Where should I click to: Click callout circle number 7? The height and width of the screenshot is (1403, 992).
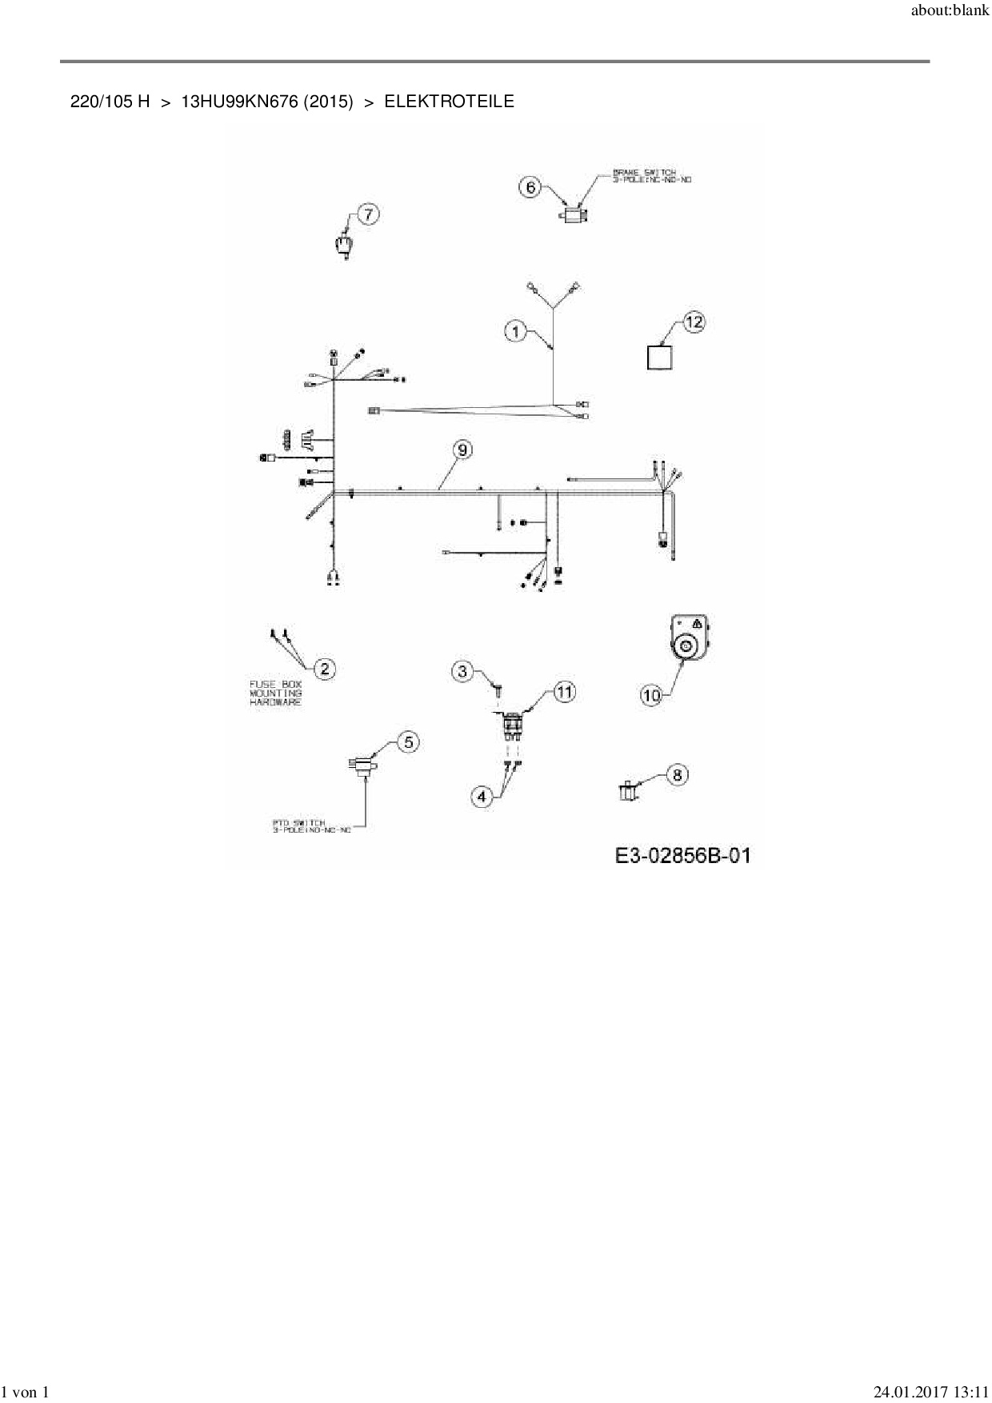click(x=368, y=214)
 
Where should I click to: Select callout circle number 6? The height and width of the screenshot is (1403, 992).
click(x=531, y=188)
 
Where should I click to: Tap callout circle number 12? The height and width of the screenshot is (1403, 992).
click(x=694, y=322)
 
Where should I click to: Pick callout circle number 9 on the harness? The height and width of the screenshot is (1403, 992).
click(x=462, y=450)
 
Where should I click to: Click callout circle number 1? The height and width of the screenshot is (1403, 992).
click(x=516, y=331)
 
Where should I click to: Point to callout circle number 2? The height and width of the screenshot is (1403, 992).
click(x=324, y=669)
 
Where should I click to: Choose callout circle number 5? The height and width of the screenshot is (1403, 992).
click(x=408, y=742)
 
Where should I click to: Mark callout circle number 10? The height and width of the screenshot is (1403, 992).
click(x=651, y=696)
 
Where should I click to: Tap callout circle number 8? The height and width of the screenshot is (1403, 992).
click(x=677, y=774)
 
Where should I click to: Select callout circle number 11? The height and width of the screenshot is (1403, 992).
click(x=565, y=692)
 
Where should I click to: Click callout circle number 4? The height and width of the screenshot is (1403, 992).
click(x=482, y=796)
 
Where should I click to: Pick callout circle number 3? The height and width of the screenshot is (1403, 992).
click(x=462, y=671)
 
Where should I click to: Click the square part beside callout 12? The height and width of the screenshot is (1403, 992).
click(x=659, y=357)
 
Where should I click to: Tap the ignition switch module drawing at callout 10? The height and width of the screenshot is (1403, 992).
click(x=689, y=638)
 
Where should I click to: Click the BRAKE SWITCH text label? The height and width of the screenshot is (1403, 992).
click(x=651, y=176)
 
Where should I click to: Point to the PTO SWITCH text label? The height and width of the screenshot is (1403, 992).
click(x=311, y=826)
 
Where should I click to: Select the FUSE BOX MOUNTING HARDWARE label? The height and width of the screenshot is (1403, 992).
click(x=276, y=693)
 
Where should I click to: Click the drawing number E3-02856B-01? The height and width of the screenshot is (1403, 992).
click(x=682, y=856)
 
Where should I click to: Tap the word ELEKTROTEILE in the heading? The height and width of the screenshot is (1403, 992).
click(x=449, y=102)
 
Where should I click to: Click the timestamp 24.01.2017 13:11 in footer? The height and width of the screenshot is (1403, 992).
click(x=930, y=1393)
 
